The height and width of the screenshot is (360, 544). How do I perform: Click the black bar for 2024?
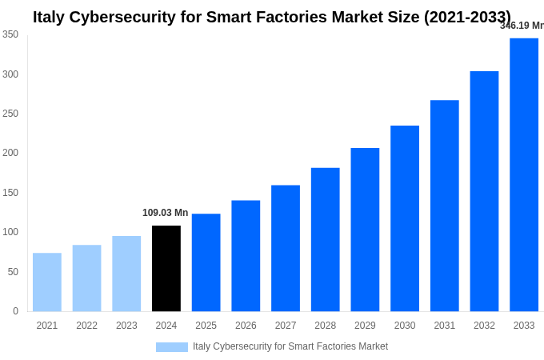pyautogui.click(x=166, y=269)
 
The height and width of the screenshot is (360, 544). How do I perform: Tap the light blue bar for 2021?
pyautogui.click(x=47, y=282)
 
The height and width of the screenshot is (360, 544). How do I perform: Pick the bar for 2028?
pyautogui.click(x=326, y=239)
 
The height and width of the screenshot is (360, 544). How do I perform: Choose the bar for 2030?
pyautogui.click(x=405, y=218)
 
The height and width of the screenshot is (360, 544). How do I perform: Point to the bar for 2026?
pyautogui.click(x=246, y=256)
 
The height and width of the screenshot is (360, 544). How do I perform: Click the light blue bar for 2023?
pyautogui.click(x=126, y=274)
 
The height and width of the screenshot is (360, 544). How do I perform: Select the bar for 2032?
pyautogui.click(x=484, y=191)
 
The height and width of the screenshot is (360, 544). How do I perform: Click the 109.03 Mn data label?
pyautogui.click(x=165, y=213)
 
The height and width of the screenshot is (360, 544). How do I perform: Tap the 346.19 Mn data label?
pyautogui.click(x=522, y=26)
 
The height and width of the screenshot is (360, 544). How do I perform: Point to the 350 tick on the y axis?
pyautogui.click(x=10, y=34)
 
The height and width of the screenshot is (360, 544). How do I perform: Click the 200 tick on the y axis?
pyautogui.click(x=10, y=153)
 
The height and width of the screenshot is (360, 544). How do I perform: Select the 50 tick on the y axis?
pyautogui.click(x=13, y=272)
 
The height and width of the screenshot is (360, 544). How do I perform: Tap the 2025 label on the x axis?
pyautogui.click(x=206, y=326)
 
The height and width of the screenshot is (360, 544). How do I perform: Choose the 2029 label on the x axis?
pyautogui.click(x=365, y=326)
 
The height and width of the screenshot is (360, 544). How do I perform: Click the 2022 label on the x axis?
pyautogui.click(x=86, y=326)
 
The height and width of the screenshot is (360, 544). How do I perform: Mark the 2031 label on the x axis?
pyautogui.click(x=445, y=326)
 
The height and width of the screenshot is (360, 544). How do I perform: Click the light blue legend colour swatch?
pyautogui.click(x=171, y=347)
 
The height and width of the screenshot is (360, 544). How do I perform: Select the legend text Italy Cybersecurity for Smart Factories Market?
pyautogui.click(x=290, y=346)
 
